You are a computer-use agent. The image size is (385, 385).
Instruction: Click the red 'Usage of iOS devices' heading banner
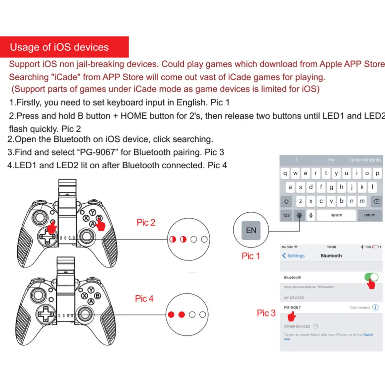64,47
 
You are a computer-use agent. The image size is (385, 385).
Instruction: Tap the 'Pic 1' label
251,256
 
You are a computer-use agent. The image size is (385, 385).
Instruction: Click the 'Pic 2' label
146,223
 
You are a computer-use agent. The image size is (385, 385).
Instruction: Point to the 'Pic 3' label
266,313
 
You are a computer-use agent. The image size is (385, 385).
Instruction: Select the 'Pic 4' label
144,298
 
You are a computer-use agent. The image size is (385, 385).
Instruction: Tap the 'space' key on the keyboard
336,215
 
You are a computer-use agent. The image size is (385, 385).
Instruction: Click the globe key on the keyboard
299,215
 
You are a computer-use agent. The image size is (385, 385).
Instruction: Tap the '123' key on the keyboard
286,215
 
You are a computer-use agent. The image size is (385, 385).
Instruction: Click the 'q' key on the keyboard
285,174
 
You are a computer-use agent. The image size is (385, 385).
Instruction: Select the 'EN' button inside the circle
251,231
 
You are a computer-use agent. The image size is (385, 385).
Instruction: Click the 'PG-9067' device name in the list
292,308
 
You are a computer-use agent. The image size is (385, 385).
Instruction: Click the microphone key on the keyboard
310,215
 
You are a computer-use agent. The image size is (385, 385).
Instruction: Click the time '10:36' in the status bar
331,247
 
